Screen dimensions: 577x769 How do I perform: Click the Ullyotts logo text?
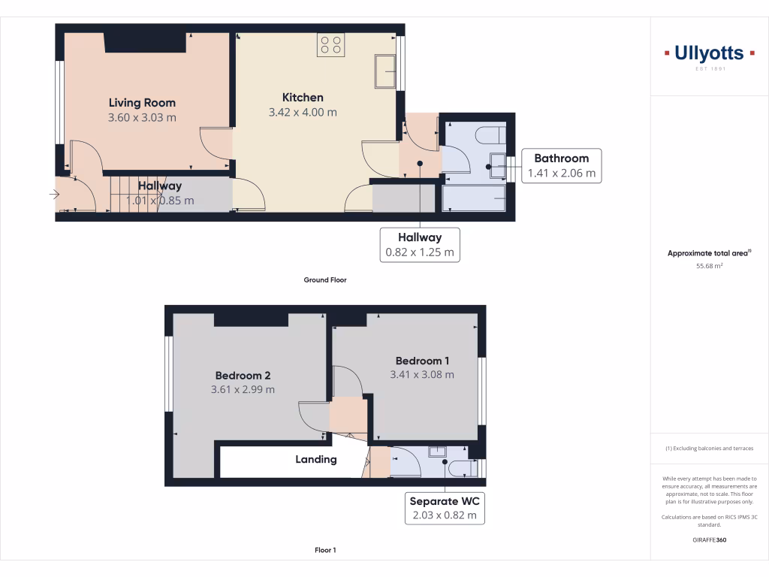(x=709, y=53)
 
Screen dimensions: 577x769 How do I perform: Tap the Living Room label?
(x=142, y=103)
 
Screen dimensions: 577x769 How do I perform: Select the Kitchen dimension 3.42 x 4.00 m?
(x=303, y=112)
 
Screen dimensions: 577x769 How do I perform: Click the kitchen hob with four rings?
(x=331, y=45)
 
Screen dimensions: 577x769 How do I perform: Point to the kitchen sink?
(x=386, y=71)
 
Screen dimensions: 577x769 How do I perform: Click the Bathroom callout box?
(x=561, y=165)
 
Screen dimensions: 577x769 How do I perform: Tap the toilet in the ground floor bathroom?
(x=492, y=137)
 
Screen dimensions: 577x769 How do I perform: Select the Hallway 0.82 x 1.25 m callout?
(x=420, y=245)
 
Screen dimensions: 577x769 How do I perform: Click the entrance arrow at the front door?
(x=55, y=195)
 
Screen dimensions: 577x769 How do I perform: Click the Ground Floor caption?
(x=325, y=280)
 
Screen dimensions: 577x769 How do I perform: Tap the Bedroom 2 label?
(x=243, y=376)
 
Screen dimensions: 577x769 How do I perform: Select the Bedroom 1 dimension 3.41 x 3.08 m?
(x=422, y=374)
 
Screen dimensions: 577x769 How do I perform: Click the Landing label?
(x=315, y=459)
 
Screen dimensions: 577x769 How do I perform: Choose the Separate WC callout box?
(x=444, y=508)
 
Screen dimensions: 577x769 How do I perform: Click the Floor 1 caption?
(x=325, y=551)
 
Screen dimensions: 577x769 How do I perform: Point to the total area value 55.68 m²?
(x=709, y=265)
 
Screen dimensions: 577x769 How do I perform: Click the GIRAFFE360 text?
(x=709, y=539)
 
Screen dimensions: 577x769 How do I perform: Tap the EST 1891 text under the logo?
(x=709, y=69)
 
